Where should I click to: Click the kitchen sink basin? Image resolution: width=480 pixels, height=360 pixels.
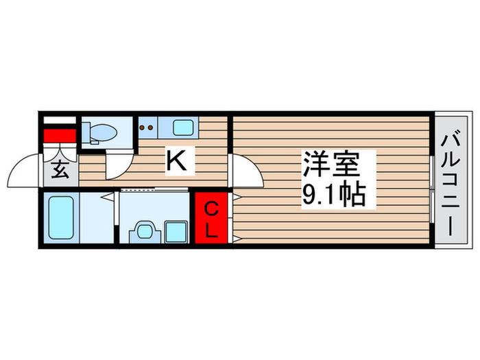tap(183, 128)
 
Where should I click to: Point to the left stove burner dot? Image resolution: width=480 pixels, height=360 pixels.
tap(143, 127)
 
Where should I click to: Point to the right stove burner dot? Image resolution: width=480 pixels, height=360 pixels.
tap(150, 127)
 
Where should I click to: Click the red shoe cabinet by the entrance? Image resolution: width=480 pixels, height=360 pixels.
tap(60, 136)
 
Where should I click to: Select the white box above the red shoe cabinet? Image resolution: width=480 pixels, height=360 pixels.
tap(60, 120)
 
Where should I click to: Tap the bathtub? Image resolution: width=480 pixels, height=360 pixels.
tap(61, 217)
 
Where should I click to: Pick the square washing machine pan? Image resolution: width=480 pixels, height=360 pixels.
tap(176, 232)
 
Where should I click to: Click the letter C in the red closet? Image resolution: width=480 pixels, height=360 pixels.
tap(211, 210)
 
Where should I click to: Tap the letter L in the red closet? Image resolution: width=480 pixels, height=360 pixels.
tap(211, 231)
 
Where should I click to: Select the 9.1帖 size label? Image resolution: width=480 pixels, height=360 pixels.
tap(334, 194)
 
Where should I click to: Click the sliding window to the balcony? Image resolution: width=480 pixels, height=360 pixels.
tap(431, 189)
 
